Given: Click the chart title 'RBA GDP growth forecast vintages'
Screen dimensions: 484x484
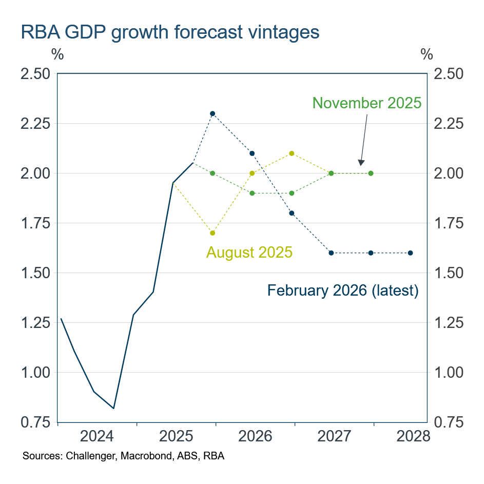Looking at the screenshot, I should tap(169, 32).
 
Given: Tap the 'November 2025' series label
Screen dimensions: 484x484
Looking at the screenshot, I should tap(366, 103).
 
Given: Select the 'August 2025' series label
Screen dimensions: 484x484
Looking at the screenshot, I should tap(249, 252).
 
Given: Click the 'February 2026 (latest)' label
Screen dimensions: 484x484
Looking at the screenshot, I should tap(343, 291).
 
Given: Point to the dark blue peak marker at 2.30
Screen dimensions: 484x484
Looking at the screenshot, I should tap(212, 113).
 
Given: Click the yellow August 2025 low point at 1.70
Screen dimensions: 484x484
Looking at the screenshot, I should tap(212, 233).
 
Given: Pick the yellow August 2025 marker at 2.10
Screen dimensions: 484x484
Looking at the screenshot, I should tap(292, 153).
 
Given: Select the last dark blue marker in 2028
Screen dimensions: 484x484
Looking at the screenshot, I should tap(410, 253).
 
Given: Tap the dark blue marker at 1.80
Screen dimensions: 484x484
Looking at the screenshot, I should tap(292, 213).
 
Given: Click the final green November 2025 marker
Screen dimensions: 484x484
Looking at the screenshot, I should tap(371, 173).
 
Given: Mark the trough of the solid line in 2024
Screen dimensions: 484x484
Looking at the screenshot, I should tap(113, 409).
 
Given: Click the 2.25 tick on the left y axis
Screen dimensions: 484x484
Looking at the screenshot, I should tap(35, 124).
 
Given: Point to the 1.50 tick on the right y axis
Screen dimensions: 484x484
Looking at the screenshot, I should tap(449, 273).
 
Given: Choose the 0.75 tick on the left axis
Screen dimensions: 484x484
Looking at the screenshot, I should tap(35, 422).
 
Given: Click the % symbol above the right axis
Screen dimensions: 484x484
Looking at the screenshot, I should tap(427, 54).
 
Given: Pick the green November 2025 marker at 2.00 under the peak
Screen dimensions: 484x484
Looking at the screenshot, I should tap(212, 173).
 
